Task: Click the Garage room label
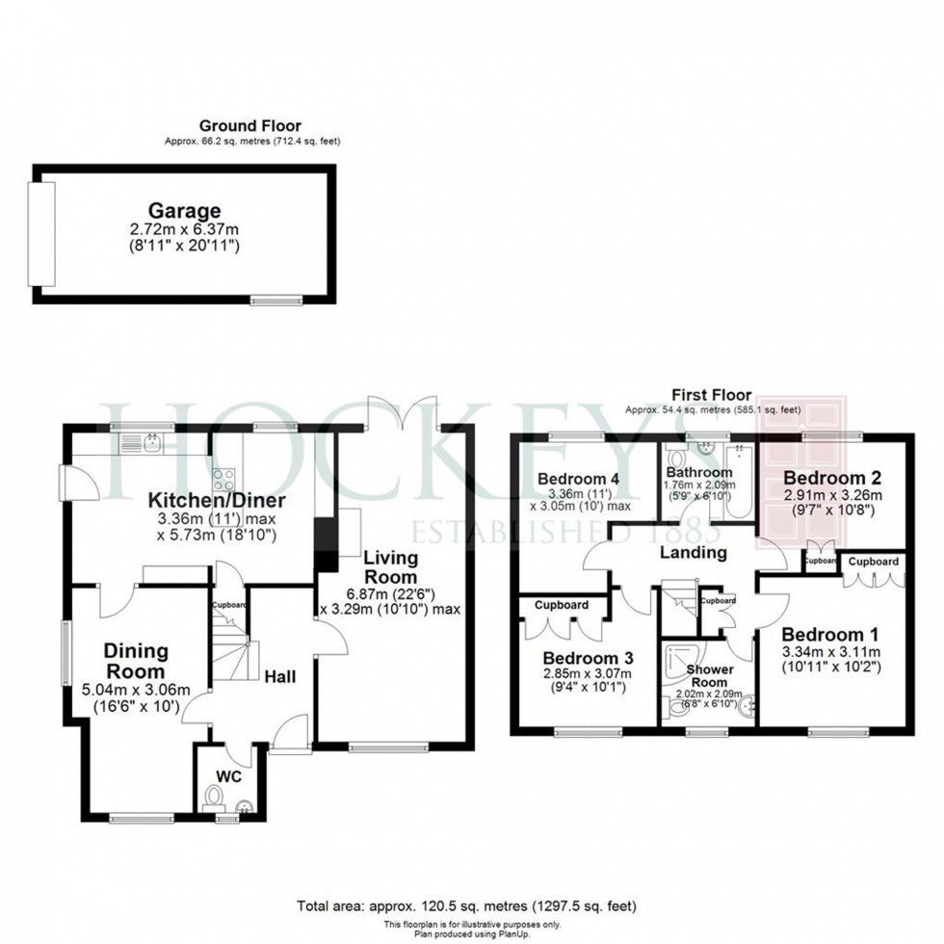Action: click(x=184, y=211)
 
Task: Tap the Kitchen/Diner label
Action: click(x=217, y=501)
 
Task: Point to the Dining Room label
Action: click(x=135, y=662)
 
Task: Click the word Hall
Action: click(x=280, y=676)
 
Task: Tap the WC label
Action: click(x=228, y=775)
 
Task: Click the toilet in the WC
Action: click(x=215, y=798)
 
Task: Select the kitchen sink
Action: click(x=151, y=443)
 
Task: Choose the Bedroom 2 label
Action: click(x=826, y=478)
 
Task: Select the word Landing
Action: click(x=693, y=553)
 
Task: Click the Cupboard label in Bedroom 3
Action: click(x=562, y=605)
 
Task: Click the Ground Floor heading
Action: click(x=249, y=125)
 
